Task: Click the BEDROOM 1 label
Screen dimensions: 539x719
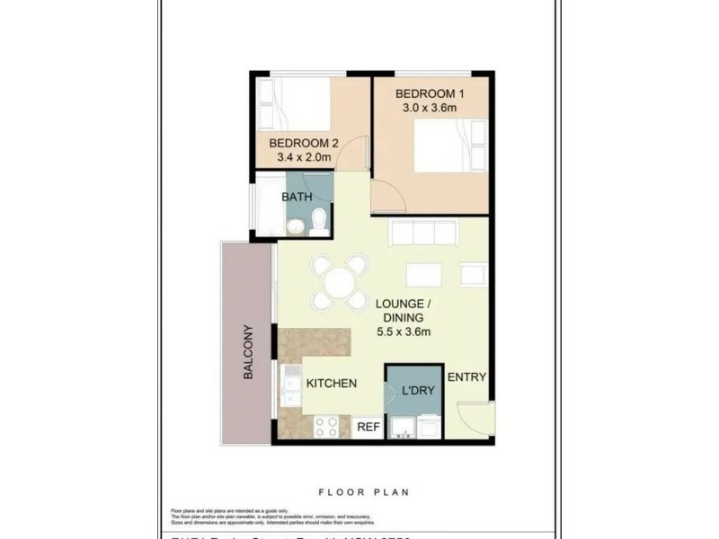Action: point(430,93)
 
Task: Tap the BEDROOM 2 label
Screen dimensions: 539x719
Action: point(302,143)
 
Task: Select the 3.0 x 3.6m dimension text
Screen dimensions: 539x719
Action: point(430,110)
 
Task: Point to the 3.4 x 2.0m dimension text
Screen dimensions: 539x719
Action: point(302,158)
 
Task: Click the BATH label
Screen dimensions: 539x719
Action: point(297,197)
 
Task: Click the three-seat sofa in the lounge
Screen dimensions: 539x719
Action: point(423,233)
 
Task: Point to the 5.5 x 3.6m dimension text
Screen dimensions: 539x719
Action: point(404,332)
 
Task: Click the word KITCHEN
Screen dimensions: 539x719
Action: point(332,384)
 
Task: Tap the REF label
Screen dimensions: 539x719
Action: point(368,428)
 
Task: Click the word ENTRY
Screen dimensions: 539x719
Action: point(466,377)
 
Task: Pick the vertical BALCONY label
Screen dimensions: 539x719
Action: point(248,352)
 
